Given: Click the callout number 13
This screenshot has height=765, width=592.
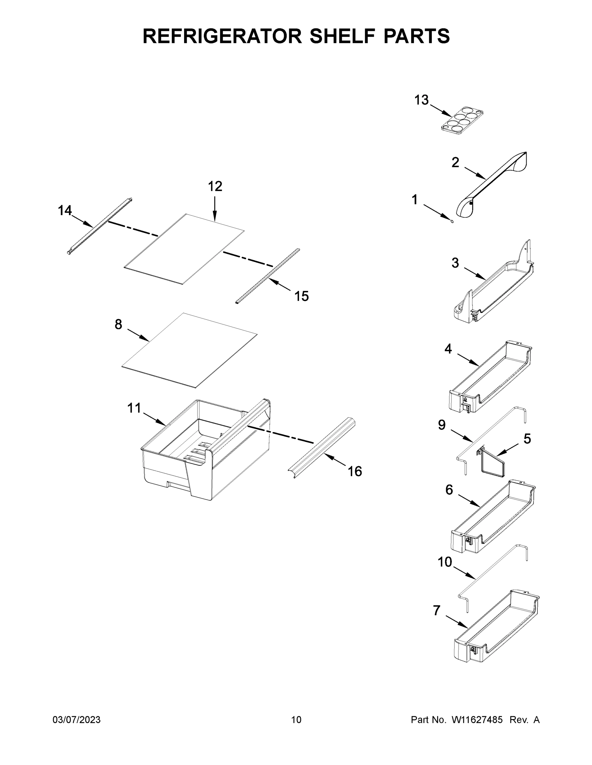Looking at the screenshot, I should click(421, 100).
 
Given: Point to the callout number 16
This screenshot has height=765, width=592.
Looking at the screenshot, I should click(355, 471).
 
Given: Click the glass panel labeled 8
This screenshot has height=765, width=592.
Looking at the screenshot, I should click(189, 350).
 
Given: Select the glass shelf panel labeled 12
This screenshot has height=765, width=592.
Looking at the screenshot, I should click(184, 249).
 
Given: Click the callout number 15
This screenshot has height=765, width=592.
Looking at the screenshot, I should click(301, 296).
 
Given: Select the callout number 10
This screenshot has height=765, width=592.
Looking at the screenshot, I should click(445, 562).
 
